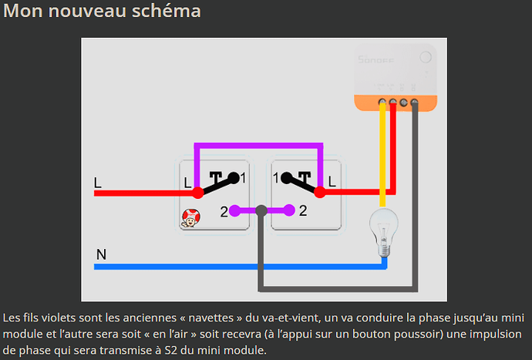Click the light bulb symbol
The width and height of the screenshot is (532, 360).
tap(383, 229)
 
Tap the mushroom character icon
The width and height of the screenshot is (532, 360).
tap(189, 219)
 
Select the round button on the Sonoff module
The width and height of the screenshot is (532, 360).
tap(425, 57)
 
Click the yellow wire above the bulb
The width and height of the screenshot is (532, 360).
tap(383, 154)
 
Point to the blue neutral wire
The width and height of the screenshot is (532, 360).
tap(231, 267)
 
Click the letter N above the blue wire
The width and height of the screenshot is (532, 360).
tap(101, 254)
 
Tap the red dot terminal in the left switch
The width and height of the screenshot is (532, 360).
tap(197, 193)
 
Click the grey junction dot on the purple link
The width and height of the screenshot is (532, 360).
tap(261, 210)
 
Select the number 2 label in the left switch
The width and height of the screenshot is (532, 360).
tap(224, 211)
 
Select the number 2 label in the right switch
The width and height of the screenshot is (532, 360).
tap(303, 210)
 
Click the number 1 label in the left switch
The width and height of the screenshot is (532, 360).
tap(243, 178)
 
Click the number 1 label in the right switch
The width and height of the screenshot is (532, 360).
tap(276, 178)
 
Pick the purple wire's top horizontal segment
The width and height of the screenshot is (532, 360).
tap(258, 144)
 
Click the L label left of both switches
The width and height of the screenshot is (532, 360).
tap(97, 183)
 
